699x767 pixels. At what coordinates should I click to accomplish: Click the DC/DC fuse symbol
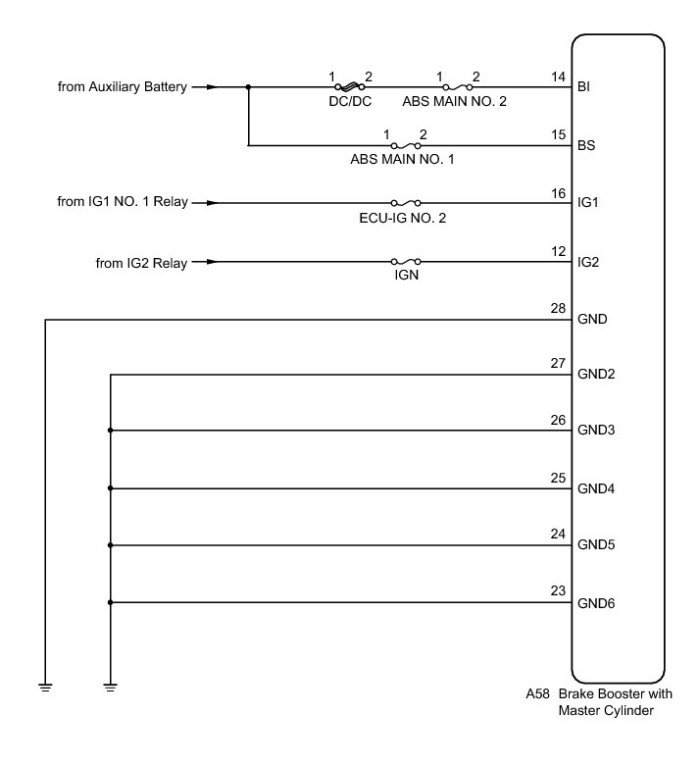pos(349,87)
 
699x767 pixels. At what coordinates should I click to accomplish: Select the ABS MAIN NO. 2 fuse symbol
pos(457,87)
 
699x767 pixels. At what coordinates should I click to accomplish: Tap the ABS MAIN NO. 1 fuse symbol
pos(405,146)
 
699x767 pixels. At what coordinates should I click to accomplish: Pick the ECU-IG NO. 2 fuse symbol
pos(405,204)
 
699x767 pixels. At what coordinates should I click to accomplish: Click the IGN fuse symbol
pos(405,262)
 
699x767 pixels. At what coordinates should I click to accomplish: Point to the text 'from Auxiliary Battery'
pos(123,87)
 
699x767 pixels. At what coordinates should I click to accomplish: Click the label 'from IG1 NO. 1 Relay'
pos(123,204)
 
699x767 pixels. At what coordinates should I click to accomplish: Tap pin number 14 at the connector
pos(559,77)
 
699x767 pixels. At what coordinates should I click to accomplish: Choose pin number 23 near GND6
pos(559,591)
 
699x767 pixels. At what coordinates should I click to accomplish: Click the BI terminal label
pos(585,88)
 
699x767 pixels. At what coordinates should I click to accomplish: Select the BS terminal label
pos(587,146)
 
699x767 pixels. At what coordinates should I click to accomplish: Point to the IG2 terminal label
pos(588,262)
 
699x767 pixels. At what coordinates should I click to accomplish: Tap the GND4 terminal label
pos(596,488)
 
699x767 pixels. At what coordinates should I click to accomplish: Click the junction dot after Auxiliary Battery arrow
pos(249,87)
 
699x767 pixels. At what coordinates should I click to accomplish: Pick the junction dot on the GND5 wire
pos(111,545)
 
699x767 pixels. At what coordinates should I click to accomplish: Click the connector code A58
pos(537,694)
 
